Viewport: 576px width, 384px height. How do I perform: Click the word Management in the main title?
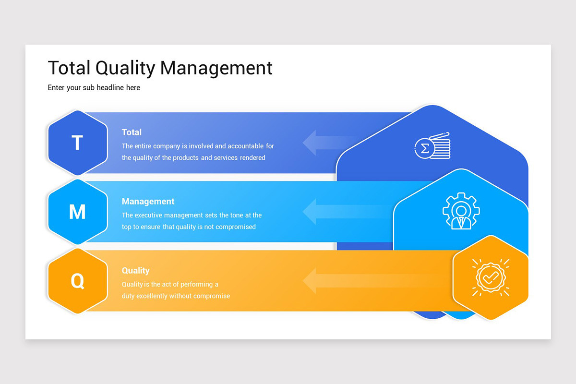tap(216, 68)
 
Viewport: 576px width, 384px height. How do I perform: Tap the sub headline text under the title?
tap(94, 88)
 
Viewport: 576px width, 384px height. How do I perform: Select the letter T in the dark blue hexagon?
tap(77, 143)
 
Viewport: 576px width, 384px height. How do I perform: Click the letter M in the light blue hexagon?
tap(77, 212)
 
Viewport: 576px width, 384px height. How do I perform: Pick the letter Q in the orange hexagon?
tap(77, 281)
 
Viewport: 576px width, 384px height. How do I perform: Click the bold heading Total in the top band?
tap(132, 132)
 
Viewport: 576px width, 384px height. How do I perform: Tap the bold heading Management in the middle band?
tap(148, 202)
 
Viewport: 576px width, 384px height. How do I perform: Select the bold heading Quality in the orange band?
tap(135, 271)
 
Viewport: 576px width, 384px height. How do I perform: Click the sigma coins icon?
tap(432, 146)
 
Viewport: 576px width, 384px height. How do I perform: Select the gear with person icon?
tap(461, 211)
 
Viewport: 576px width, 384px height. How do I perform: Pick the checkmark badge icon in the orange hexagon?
tap(491, 277)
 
